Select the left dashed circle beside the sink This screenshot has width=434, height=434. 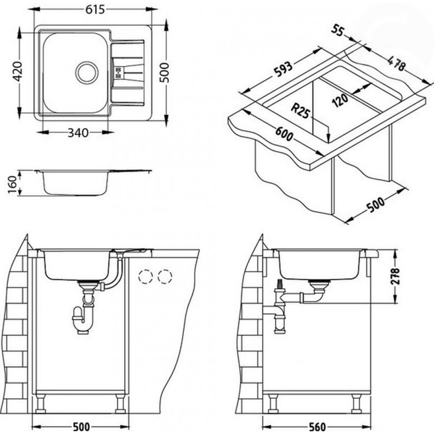click(x=145, y=277)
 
